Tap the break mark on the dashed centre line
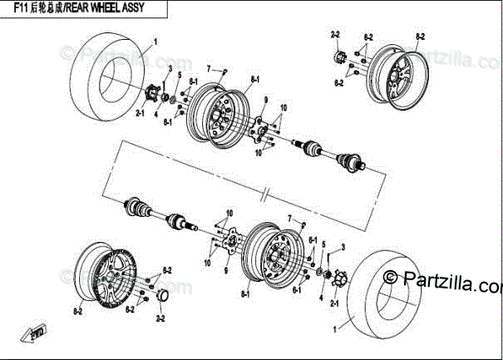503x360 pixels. click(264, 197)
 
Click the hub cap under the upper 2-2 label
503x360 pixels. click(338, 57)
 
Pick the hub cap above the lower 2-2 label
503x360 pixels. click(162, 297)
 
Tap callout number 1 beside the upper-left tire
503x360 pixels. click(155, 40)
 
